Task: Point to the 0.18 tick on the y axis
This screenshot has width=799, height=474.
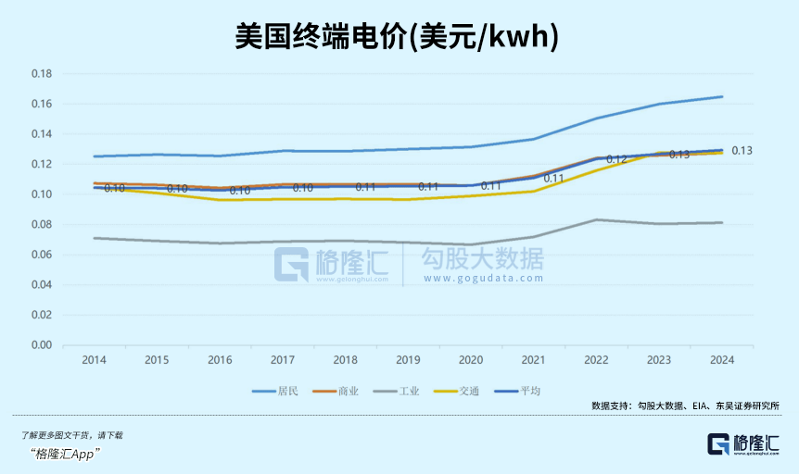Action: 41,73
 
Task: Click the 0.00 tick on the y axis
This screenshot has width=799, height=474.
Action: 41,345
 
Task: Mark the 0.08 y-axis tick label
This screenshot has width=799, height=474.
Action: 41,225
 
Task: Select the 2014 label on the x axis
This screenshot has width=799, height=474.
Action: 94,359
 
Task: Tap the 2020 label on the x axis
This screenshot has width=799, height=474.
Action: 471,359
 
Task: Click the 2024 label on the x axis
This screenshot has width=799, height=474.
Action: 722,359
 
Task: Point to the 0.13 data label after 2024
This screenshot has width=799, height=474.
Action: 742,150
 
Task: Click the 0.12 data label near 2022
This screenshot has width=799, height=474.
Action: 617,159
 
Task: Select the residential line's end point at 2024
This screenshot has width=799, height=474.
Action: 722,96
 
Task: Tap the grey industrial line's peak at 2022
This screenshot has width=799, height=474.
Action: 597,219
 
